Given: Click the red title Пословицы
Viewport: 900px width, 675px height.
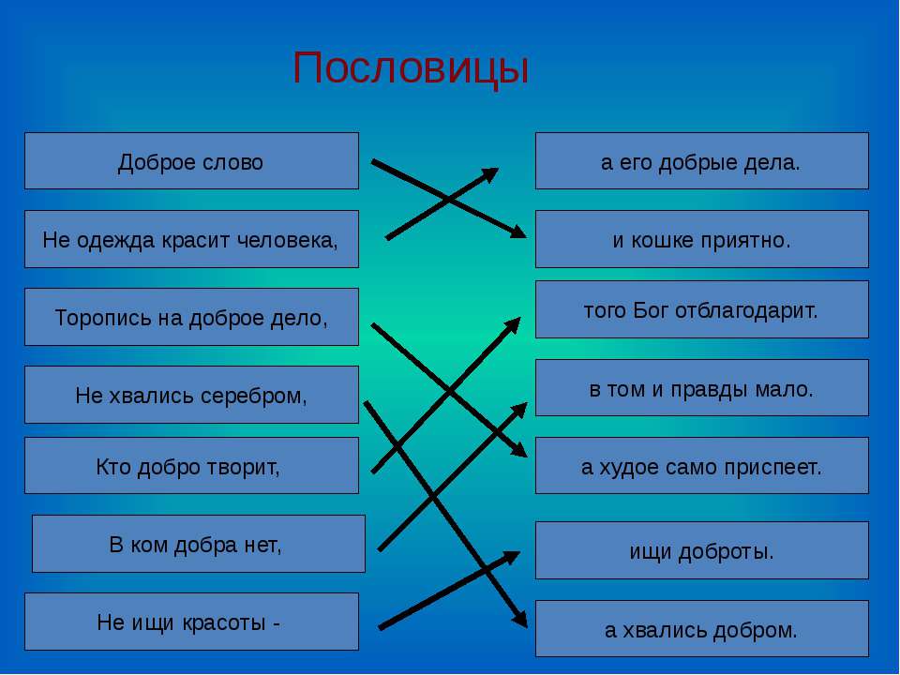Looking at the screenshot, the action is [x=411, y=68].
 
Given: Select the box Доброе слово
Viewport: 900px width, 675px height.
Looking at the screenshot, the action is [x=191, y=160].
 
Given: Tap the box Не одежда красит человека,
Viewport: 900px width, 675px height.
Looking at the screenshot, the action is [x=191, y=239].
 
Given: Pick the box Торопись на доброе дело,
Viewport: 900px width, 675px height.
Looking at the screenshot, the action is [x=191, y=317].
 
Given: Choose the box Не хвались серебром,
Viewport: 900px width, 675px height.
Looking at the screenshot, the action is [x=191, y=395].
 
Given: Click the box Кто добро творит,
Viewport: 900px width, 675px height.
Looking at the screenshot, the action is [x=191, y=466].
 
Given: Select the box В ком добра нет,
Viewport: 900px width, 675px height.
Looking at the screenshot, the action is [x=199, y=544].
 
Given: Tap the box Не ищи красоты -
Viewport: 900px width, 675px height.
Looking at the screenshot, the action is [x=191, y=622].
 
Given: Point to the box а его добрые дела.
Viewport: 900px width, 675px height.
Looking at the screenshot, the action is [x=702, y=160].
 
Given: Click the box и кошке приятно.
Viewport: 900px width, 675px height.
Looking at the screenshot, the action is [x=702, y=239].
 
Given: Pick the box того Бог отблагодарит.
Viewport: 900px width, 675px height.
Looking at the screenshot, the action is [x=702, y=309].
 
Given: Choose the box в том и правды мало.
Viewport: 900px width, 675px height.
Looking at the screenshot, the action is [x=702, y=387].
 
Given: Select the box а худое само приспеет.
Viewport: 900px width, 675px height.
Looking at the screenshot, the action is [x=702, y=466].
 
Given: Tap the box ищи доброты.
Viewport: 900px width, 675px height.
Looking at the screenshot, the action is [x=702, y=550].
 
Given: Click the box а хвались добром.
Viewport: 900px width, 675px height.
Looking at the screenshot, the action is [x=702, y=628].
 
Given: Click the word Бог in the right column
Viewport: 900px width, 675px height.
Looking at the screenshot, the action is [x=652, y=310].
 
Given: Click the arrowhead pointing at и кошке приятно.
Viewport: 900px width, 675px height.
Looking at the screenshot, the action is [x=518, y=231].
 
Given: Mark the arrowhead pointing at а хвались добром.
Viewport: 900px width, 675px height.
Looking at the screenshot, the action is [x=520, y=619].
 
